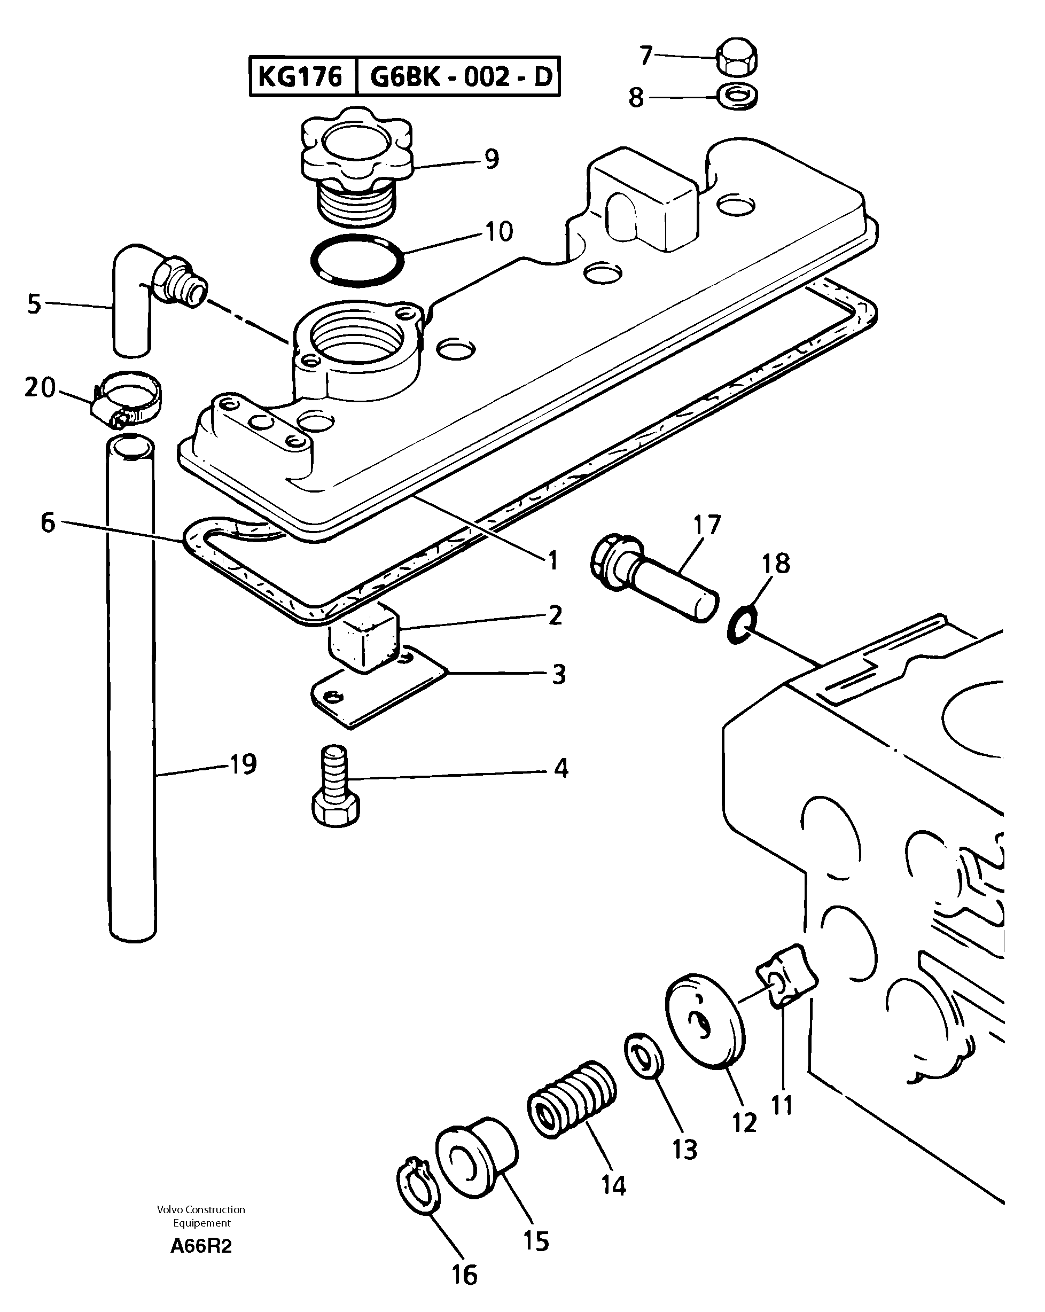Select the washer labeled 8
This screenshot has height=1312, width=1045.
tap(738, 96)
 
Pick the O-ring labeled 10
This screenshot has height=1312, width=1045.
tap(357, 260)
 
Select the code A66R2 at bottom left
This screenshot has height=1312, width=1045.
tap(201, 1247)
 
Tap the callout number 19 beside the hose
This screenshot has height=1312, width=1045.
tap(244, 765)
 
